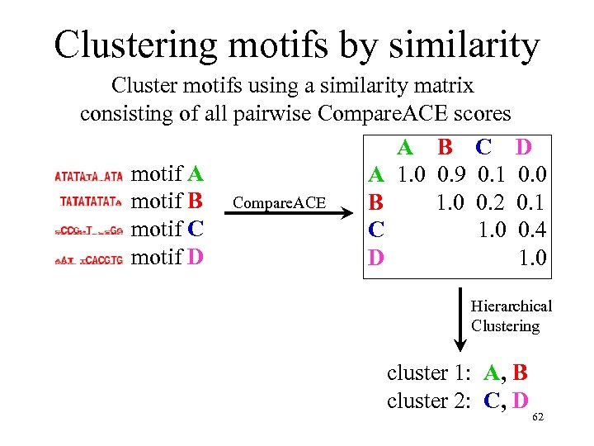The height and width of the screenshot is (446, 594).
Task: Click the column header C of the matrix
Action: click(x=483, y=148)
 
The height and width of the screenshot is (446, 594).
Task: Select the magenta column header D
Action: click(x=523, y=148)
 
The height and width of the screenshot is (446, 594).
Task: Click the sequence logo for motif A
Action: click(x=88, y=176)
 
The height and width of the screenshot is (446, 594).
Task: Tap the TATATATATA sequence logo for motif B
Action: click(x=91, y=201)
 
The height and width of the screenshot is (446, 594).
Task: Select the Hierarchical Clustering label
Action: click(x=511, y=316)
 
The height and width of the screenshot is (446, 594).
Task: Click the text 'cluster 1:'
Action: click(x=429, y=373)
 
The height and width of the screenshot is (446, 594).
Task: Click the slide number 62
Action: click(x=538, y=417)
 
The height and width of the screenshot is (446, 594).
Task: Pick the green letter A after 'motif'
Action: click(x=196, y=173)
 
